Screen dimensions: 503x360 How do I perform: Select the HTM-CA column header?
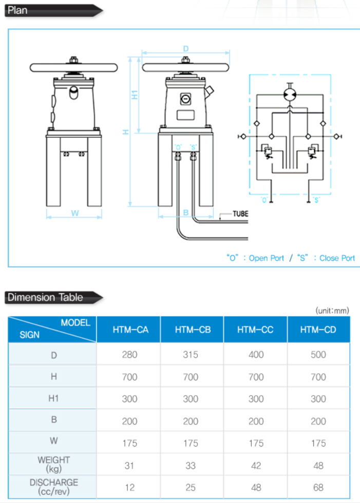pos(130,329)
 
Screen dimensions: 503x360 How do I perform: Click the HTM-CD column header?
pos(318,329)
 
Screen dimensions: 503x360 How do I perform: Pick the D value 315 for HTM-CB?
pos(191,355)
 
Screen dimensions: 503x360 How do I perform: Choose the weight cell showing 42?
pos(256,465)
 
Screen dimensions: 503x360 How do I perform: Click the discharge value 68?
pos(318,487)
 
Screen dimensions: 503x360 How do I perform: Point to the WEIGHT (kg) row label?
pos(54,464)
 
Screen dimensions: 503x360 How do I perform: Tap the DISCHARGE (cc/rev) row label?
pos(54,487)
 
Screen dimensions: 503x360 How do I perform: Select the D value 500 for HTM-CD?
pos(318,355)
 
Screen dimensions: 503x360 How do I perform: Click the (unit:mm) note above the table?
pos(332,310)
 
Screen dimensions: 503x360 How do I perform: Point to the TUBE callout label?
pos(240,214)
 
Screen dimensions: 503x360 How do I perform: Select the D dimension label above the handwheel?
pos(186,49)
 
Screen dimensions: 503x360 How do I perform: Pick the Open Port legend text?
pos(266,258)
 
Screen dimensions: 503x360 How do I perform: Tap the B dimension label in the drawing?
pos(186,212)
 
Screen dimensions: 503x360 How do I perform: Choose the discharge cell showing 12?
pos(130,487)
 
